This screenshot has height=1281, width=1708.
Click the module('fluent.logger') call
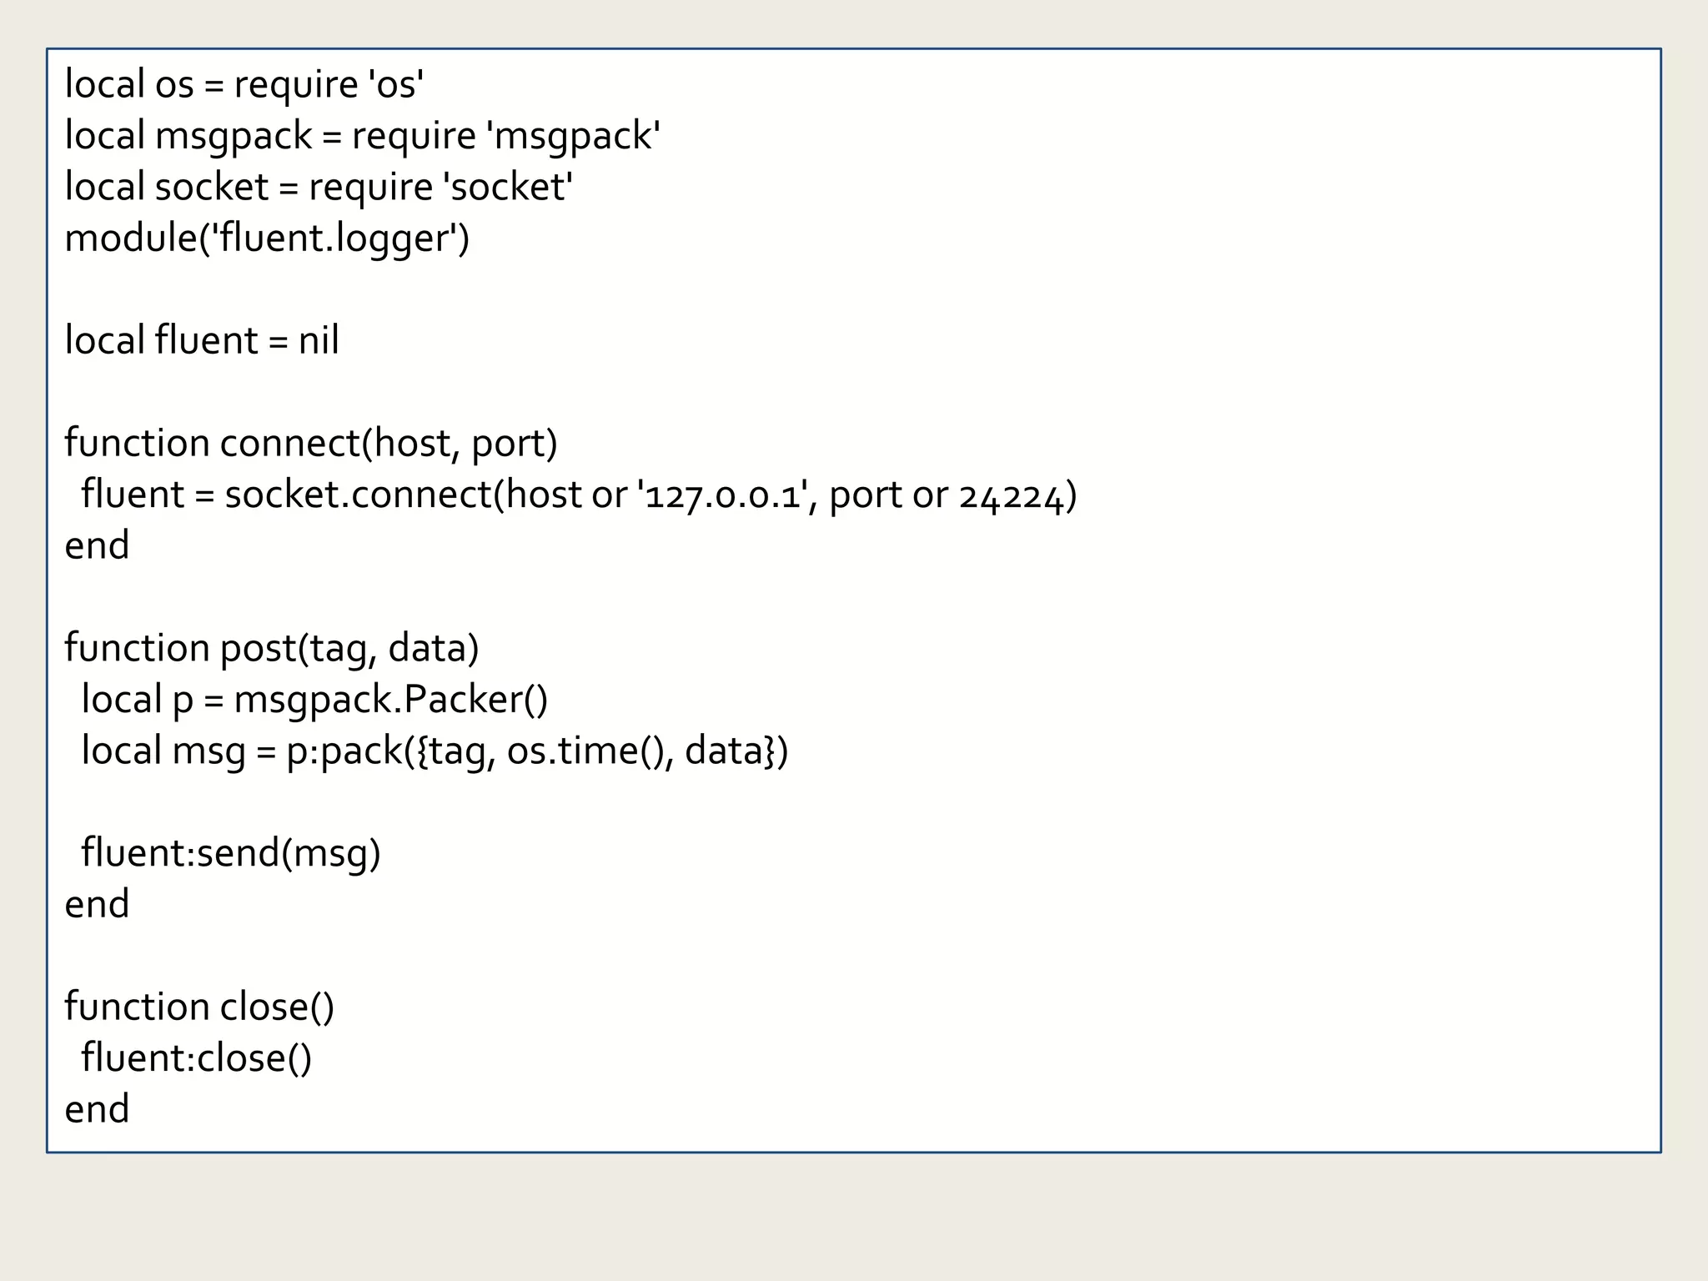click(267, 239)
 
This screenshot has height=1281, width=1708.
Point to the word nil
click(319, 341)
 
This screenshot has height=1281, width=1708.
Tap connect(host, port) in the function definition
click(389, 444)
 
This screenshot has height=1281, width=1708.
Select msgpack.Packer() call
click(390, 700)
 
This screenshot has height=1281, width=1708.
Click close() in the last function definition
click(277, 1007)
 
